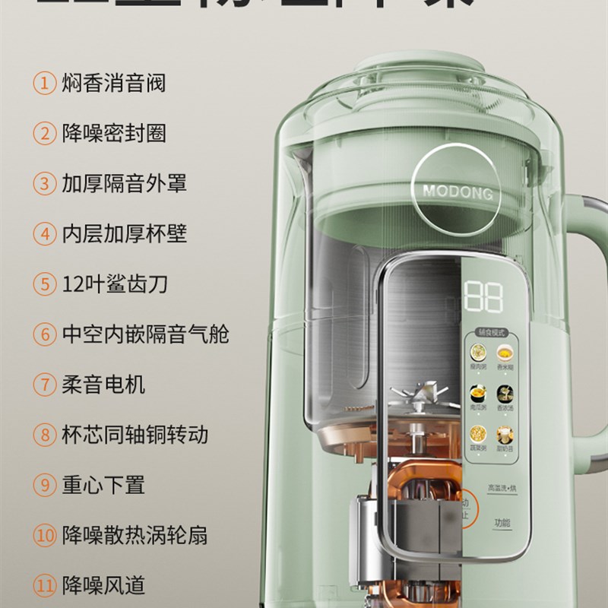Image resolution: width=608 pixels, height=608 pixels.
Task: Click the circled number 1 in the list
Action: coord(44,83)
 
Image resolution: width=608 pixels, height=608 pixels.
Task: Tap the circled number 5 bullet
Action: coord(44,284)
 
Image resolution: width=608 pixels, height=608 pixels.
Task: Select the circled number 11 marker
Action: coord(44,586)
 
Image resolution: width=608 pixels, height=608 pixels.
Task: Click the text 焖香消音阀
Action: coord(113,83)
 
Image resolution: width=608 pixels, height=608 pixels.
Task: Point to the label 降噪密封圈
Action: coord(113,133)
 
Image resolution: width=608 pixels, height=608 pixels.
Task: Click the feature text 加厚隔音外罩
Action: coord(124,183)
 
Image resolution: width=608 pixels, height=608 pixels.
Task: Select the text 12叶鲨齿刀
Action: coord(115,284)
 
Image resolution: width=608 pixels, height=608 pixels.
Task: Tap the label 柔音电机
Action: coord(103,385)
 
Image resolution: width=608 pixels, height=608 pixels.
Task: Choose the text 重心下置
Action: coord(103,485)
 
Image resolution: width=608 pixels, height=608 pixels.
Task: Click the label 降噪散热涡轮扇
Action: coord(135,536)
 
